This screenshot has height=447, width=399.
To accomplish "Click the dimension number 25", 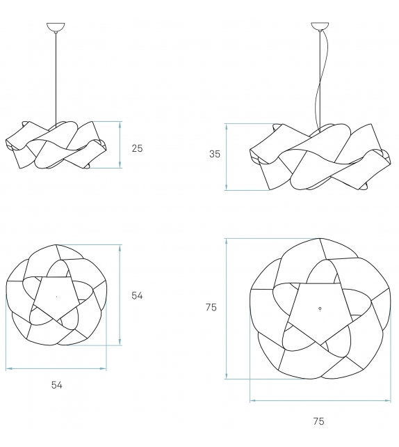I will tap(137, 148).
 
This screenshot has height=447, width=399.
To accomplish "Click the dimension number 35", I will tap(215, 155).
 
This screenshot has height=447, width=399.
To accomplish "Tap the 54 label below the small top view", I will tap(56, 384).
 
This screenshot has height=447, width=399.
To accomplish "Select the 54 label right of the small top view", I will tap(137, 296).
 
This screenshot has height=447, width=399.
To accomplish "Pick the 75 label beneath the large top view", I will tap(318, 421).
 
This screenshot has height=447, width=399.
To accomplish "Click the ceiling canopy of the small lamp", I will tap(55, 29).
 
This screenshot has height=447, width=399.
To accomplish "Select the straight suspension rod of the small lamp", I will tap(55, 77).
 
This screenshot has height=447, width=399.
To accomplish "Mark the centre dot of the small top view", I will tap(56, 297).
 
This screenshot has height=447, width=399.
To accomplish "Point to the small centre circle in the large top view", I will tap(319, 308).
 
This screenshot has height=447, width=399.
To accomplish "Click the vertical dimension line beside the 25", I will tap(120, 145).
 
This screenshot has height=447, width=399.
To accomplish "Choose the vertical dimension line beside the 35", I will tap(226, 157).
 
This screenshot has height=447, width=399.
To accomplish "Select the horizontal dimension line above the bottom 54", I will tap(56, 368).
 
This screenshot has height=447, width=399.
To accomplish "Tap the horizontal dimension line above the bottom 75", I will tap(319, 400).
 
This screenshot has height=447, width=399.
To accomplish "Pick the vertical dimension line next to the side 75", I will tap(226, 308).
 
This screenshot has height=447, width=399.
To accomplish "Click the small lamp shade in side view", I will tap(56, 145).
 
